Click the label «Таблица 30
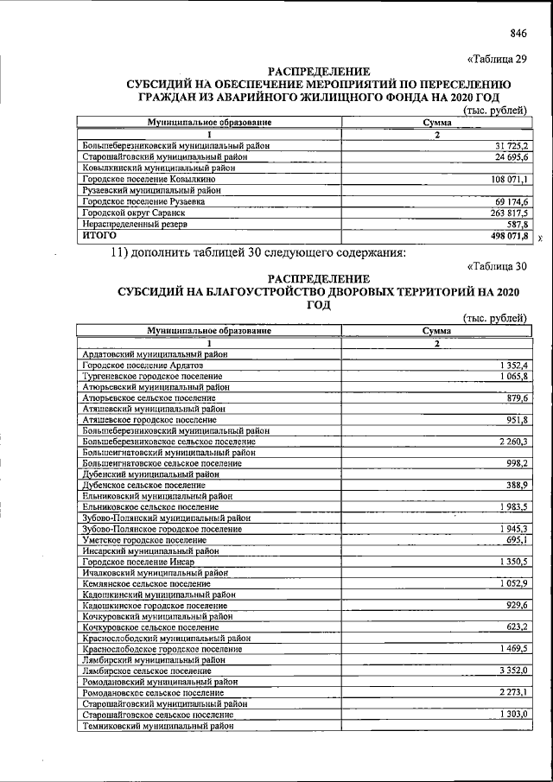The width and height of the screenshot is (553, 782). point(496,266)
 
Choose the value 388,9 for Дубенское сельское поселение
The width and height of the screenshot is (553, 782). point(516,485)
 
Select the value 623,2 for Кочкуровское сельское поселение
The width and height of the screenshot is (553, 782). point(516,626)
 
